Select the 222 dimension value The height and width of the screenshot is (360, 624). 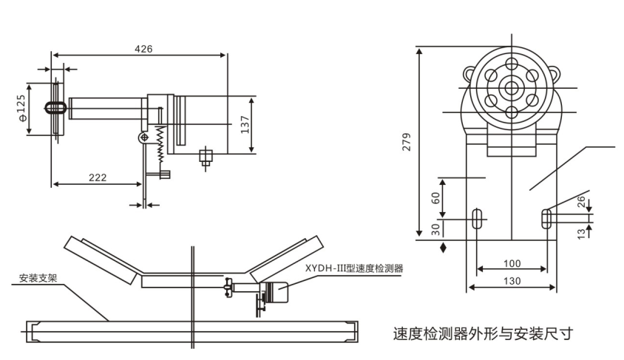pos(98,177)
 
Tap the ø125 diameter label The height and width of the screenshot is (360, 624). pos(22,108)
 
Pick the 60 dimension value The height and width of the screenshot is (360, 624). pos(435,198)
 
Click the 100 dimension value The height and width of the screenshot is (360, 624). pos(512,263)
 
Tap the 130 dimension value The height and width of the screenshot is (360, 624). pos(512,281)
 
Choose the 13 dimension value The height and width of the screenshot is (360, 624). pos(580,232)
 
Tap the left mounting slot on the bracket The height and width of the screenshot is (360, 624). pos(477,218)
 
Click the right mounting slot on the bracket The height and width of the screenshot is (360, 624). pos(546,218)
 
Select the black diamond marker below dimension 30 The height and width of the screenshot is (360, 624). pos(443,246)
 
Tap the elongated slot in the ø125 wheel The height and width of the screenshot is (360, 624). pos(55,107)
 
